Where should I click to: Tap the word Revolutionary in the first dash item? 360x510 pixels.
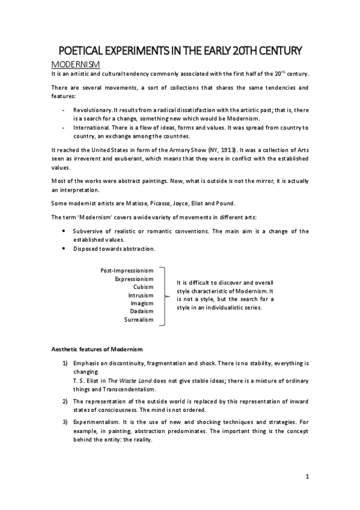tap(93, 111)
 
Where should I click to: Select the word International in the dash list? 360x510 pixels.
tap(93, 128)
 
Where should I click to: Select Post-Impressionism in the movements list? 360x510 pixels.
tap(127, 271)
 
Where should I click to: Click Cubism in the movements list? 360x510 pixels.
tap(143, 287)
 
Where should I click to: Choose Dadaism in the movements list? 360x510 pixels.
tap(141, 312)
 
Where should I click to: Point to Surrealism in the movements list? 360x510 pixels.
tap(139, 320)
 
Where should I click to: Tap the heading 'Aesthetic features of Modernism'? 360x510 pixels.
tap(96, 349)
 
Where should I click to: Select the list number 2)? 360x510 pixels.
tap(66, 401)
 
